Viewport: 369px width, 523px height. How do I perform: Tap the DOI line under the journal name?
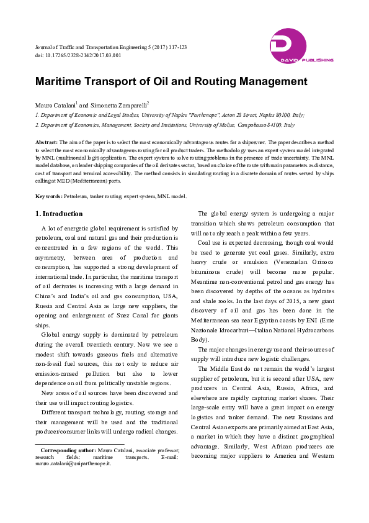(78, 55)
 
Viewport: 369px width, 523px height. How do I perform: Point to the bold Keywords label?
(48, 196)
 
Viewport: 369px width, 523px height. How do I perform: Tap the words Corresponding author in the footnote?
(67, 450)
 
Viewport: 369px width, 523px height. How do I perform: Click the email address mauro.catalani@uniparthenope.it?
(73, 463)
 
